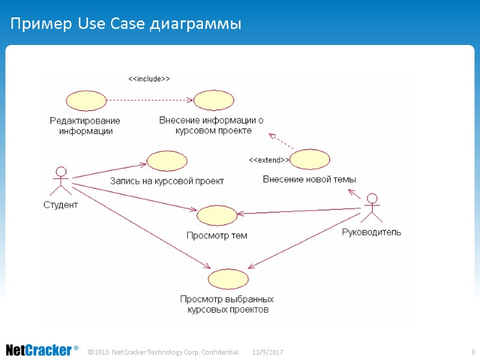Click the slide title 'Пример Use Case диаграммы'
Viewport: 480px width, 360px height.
pos(125,25)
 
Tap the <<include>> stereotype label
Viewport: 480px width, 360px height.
pos(149,79)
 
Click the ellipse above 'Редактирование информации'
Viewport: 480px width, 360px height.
pos(86,100)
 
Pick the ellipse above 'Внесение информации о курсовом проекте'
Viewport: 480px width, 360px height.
pos(214,100)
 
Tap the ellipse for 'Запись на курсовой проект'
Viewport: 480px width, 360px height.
pos(167,161)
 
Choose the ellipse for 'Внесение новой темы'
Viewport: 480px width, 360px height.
pos(310,160)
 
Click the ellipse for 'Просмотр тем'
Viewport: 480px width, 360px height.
pos(217,215)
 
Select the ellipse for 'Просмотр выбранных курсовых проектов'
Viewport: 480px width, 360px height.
pos(228,279)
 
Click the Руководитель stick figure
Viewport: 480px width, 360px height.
pos(371,208)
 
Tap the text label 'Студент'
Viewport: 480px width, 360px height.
pos(61,205)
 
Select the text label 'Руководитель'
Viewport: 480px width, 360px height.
pos(371,232)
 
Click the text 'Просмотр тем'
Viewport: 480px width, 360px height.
pos(217,235)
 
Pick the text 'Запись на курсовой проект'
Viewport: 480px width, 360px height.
pos(167,181)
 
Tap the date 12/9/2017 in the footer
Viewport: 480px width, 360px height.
pos(268,351)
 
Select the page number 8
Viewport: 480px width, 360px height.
pos(473,351)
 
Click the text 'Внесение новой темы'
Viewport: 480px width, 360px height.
pos(310,179)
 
